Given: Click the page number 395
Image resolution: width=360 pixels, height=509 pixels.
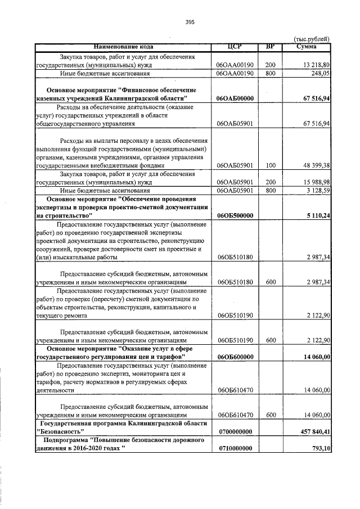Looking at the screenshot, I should (x=190, y=22).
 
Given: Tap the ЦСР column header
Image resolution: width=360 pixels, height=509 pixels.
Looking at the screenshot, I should (x=235, y=46).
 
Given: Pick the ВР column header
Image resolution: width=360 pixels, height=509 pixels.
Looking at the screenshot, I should (x=270, y=46).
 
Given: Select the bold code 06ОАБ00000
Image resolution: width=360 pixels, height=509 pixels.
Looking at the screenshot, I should (x=236, y=98).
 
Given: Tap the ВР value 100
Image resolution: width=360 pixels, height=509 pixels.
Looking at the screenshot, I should (x=270, y=165).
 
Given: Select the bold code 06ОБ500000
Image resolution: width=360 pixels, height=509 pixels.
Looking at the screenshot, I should (x=236, y=215).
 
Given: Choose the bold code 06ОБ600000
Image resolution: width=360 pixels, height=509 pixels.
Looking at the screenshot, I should (x=236, y=357).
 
